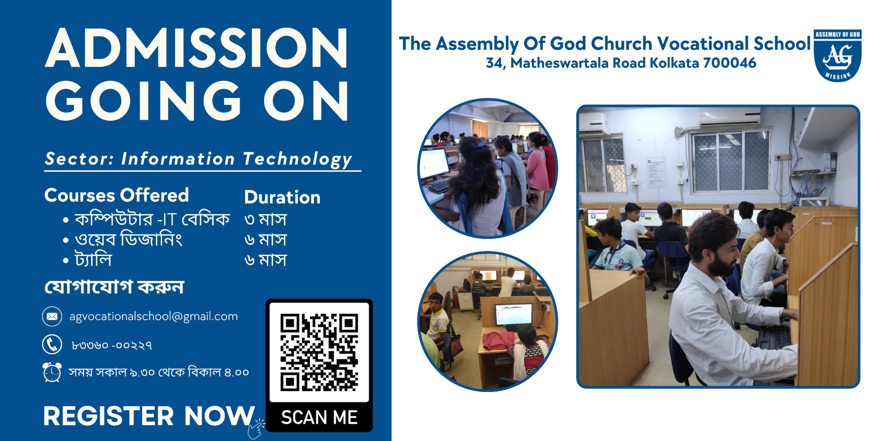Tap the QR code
(319, 352)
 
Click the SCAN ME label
(319, 417)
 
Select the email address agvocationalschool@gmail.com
(154, 317)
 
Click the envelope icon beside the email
(52, 316)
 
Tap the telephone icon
(52, 344)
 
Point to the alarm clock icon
(52, 372)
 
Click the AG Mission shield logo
(838, 55)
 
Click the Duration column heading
(282, 197)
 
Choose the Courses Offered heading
(116, 195)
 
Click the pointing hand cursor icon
(256, 429)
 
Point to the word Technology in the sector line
(298, 160)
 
